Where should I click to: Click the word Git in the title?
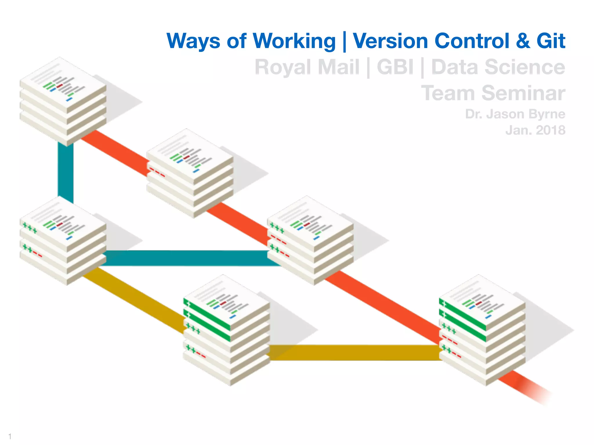tap(550, 41)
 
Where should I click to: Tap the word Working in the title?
tap(294, 41)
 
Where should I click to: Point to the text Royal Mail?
tap(307, 67)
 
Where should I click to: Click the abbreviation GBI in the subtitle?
tap(395, 67)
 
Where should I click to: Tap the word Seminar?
tap(523, 93)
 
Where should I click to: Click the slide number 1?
tap(10, 436)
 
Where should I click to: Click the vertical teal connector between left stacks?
tap(66, 172)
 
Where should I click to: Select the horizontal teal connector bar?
tap(186, 258)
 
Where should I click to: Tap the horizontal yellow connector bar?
tap(354, 353)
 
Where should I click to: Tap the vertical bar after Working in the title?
tap(344, 41)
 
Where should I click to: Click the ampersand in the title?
tap(523, 41)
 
